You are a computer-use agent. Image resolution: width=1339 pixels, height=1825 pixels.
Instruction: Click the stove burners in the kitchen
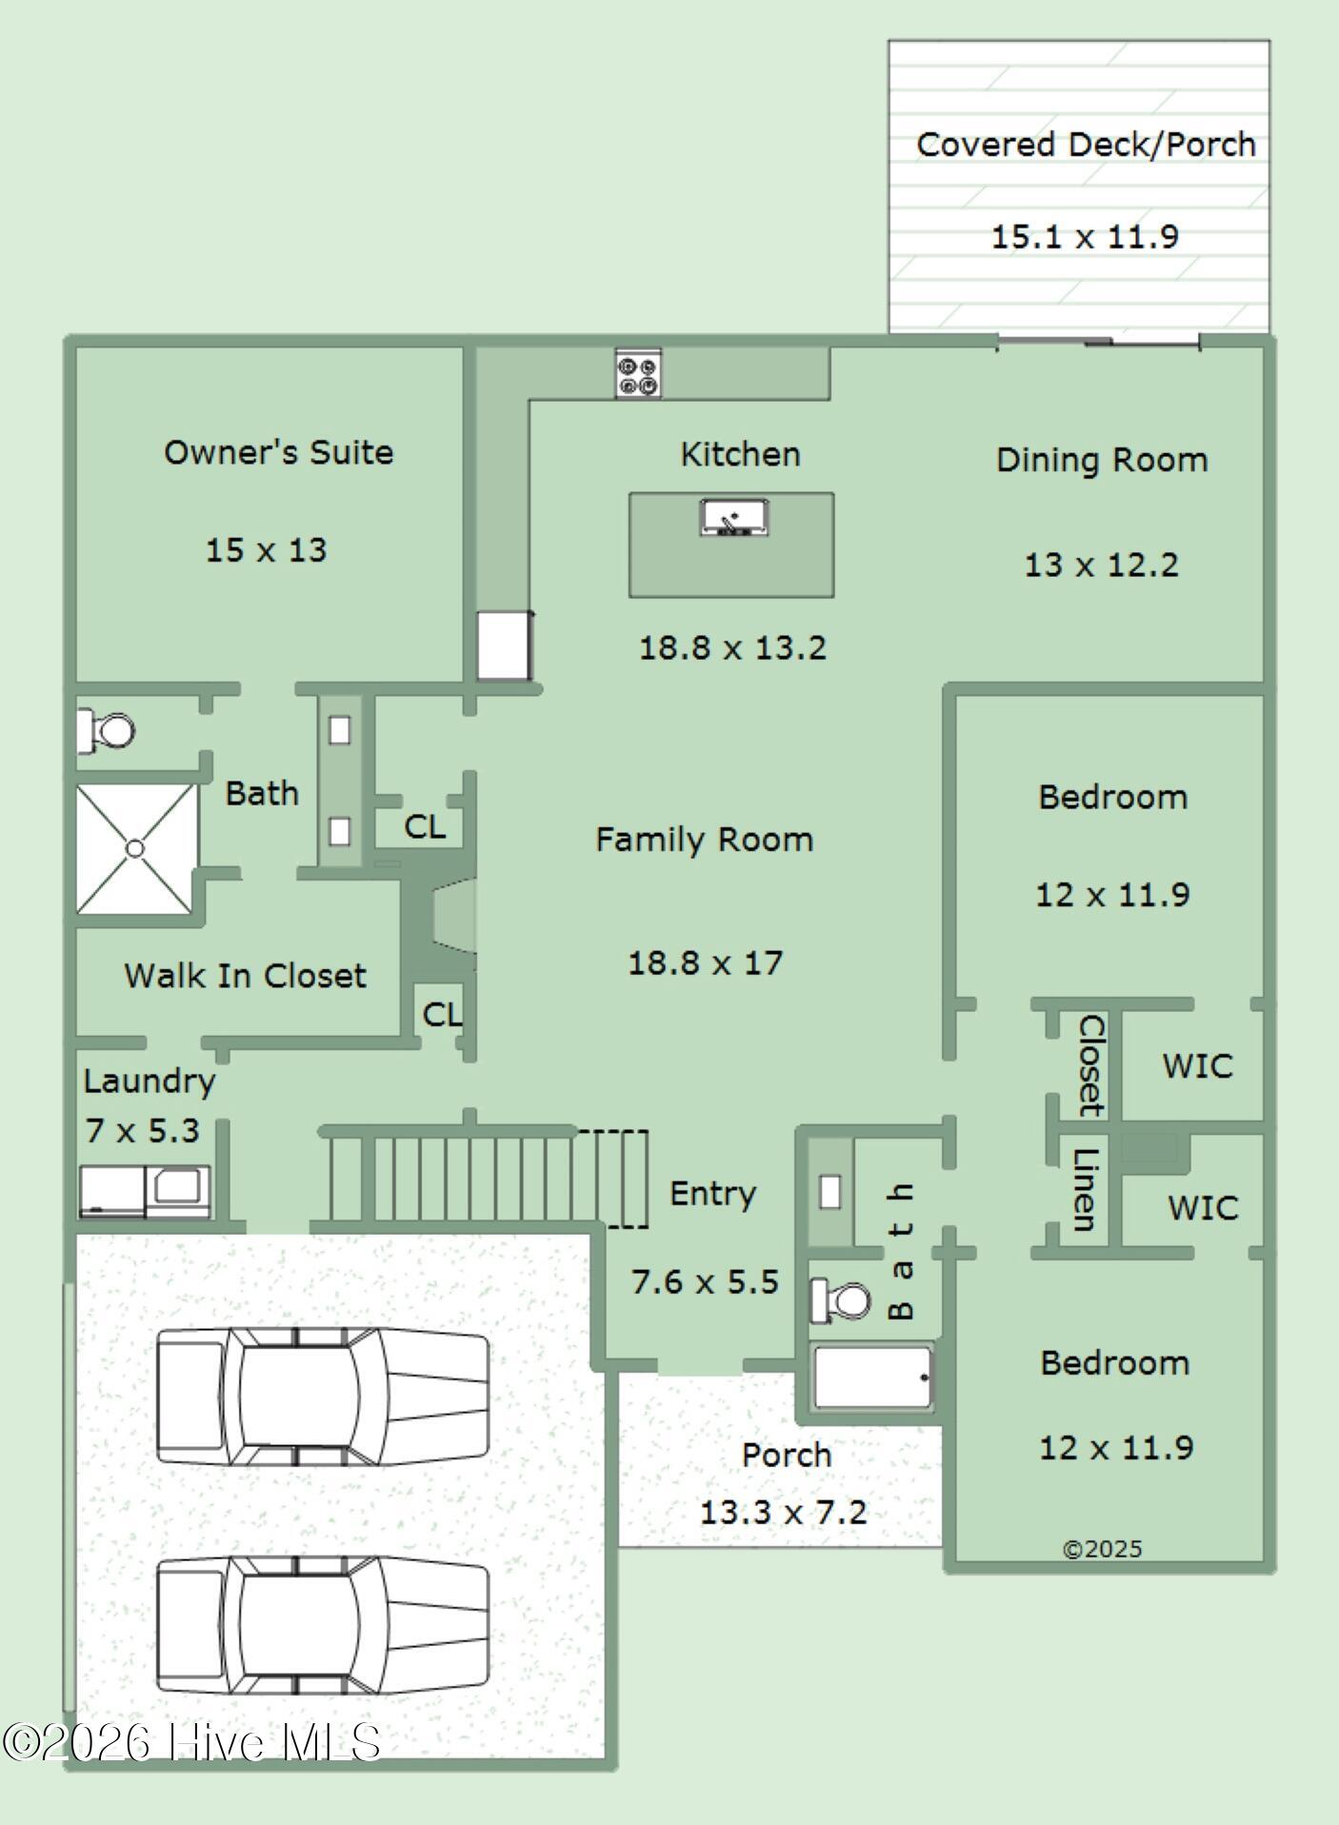pyautogui.click(x=638, y=374)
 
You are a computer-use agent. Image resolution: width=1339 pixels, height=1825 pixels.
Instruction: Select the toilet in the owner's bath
pyautogui.click(x=106, y=731)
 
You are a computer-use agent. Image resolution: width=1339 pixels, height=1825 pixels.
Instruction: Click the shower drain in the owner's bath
pyautogui.click(x=135, y=848)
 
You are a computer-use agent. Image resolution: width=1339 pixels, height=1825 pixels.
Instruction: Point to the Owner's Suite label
pyautogui.click(x=278, y=452)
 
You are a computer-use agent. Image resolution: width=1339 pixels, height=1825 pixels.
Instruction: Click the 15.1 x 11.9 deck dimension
pyautogui.click(x=1085, y=237)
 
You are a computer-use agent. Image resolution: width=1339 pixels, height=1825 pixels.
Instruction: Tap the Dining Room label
pyautogui.click(x=1102, y=461)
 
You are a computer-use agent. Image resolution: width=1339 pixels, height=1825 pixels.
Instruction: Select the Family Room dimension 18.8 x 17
pyautogui.click(x=705, y=963)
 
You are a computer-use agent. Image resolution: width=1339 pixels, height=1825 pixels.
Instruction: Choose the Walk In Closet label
pyautogui.click(x=245, y=976)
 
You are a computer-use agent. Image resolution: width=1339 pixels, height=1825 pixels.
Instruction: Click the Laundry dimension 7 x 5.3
pyautogui.click(x=142, y=1131)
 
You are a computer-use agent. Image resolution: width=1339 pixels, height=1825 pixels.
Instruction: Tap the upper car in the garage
pyautogui.click(x=323, y=1396)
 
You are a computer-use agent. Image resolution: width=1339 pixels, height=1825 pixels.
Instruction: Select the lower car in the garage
pyautogui.click(x=323, y=1625)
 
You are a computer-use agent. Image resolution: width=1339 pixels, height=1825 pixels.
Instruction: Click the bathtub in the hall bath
pyautogui.click(x=872, y=1377)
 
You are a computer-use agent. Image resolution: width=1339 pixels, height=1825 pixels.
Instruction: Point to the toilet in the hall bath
pyautogui.click(x=840, y=1300)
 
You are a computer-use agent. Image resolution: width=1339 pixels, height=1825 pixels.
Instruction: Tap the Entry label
pyautogui.click(x=712, y=1194)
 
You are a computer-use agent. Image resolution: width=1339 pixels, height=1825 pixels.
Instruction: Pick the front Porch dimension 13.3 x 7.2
pyautogui.click(x=784, y=1513)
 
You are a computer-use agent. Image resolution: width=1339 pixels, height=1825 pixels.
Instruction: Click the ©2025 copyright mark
pyautogui.click(x=1102, y=1550)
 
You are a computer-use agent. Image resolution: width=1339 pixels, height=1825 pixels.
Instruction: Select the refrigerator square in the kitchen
pyautogui.click(x=503, y=645)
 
